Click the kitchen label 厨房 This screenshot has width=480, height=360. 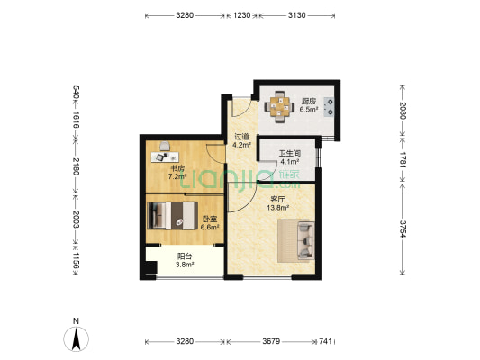tap(309, 101)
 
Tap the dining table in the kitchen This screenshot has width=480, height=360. tap(279, 107)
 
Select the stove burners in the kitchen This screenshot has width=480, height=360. tap(330, 107)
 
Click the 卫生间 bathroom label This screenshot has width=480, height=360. tap(290, 153)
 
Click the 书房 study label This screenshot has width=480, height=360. tap(177, 168)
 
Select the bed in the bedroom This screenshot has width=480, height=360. tap(173, 215)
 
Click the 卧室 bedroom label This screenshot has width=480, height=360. tap(210, 219)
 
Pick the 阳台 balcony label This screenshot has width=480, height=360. tap(185, 256)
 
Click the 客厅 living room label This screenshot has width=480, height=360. tap(277, 200)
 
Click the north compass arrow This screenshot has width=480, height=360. tap(76, 338)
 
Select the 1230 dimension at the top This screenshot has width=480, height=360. tap(242, 15)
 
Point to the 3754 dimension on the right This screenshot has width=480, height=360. tap(403, 229)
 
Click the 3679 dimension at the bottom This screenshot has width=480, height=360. tap(271, 341)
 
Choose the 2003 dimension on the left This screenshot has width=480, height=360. tap(76, 220)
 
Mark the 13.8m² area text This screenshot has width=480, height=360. tap(278, 208)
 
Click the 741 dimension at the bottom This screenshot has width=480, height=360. tap(325, 341)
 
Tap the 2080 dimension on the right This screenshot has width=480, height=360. tap(403, 111)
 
